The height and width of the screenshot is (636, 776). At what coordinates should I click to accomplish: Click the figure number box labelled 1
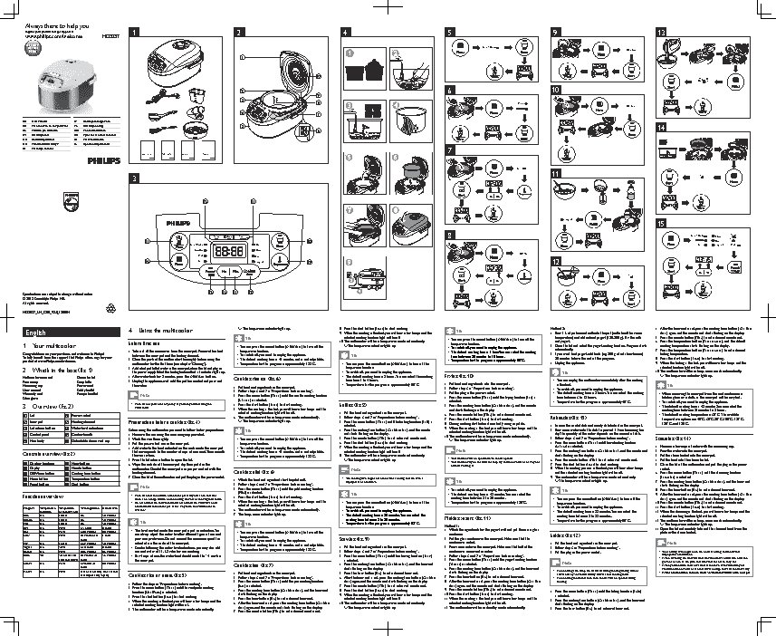pyautogui.click(x=133, y=33)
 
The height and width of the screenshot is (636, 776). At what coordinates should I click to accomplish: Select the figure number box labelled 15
pyautogui.click(x=662, y=223)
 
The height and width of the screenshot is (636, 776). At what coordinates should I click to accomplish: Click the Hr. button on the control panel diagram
pyautogui.click(x=224, y=271)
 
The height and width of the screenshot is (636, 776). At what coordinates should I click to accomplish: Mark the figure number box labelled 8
pyautogui.click(x=450, y=233)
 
